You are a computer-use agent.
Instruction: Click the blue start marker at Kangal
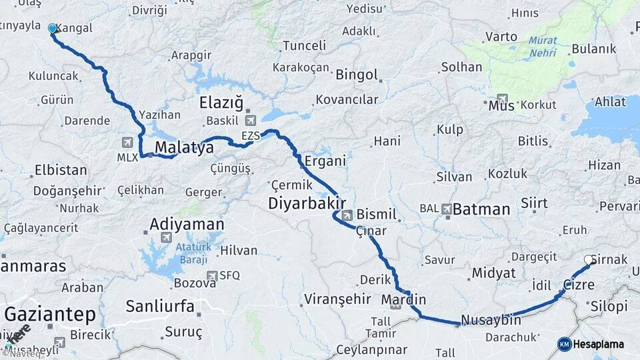(53, 29)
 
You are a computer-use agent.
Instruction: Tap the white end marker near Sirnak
(589, 260)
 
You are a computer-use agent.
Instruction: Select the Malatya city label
(184, 147)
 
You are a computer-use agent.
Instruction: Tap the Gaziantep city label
(51, 314)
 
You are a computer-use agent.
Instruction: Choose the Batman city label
(481, 209)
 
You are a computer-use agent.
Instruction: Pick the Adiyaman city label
(187, 224)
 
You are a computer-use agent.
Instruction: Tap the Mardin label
(403, 299)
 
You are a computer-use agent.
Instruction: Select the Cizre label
(578, 285)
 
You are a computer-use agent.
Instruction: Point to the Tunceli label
(305, 46)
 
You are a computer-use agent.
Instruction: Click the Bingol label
(357, 75)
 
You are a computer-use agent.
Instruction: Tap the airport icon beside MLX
(127, 142)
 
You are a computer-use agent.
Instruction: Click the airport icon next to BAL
(446, 209)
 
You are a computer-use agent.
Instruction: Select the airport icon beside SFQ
(212, 275)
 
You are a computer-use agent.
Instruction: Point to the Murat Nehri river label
(543, 45)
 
